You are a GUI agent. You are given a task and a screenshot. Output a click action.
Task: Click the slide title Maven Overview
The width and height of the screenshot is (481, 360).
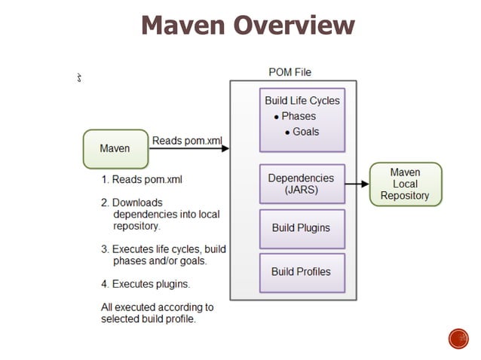click(247, 26)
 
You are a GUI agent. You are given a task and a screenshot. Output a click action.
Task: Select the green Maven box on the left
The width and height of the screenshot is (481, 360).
click(115, 148)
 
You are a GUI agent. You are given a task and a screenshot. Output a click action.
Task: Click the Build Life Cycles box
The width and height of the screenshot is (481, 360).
click(302, 120)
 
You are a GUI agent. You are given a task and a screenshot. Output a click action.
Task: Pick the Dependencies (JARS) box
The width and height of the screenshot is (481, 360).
click(302, 184)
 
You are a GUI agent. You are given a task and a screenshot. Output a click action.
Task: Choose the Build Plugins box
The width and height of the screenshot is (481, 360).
click(302, 228)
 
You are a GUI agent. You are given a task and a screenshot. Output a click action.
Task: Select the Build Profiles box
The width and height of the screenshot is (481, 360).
click(302, 272)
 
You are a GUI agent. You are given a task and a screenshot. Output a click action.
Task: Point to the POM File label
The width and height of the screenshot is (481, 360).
click(290, 72)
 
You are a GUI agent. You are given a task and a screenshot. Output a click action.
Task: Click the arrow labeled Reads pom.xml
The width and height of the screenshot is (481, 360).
click(188, 149)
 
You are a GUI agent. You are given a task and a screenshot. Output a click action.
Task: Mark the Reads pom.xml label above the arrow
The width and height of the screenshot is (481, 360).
click(187, 140)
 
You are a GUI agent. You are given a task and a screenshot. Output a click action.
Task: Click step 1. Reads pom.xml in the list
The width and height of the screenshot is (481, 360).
click(142, 179)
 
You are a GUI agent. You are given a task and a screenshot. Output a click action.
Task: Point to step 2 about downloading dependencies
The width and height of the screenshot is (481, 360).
click(160, 214)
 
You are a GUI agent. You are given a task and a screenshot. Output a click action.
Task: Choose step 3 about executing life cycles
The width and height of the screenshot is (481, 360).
click(163, 255)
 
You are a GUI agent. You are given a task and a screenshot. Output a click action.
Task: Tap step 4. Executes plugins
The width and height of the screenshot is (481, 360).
click(146, 284)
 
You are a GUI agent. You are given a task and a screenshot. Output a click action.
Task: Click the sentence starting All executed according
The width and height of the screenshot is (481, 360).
click(157, 313)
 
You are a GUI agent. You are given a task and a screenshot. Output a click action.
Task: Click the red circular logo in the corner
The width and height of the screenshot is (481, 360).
click(458, 339)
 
